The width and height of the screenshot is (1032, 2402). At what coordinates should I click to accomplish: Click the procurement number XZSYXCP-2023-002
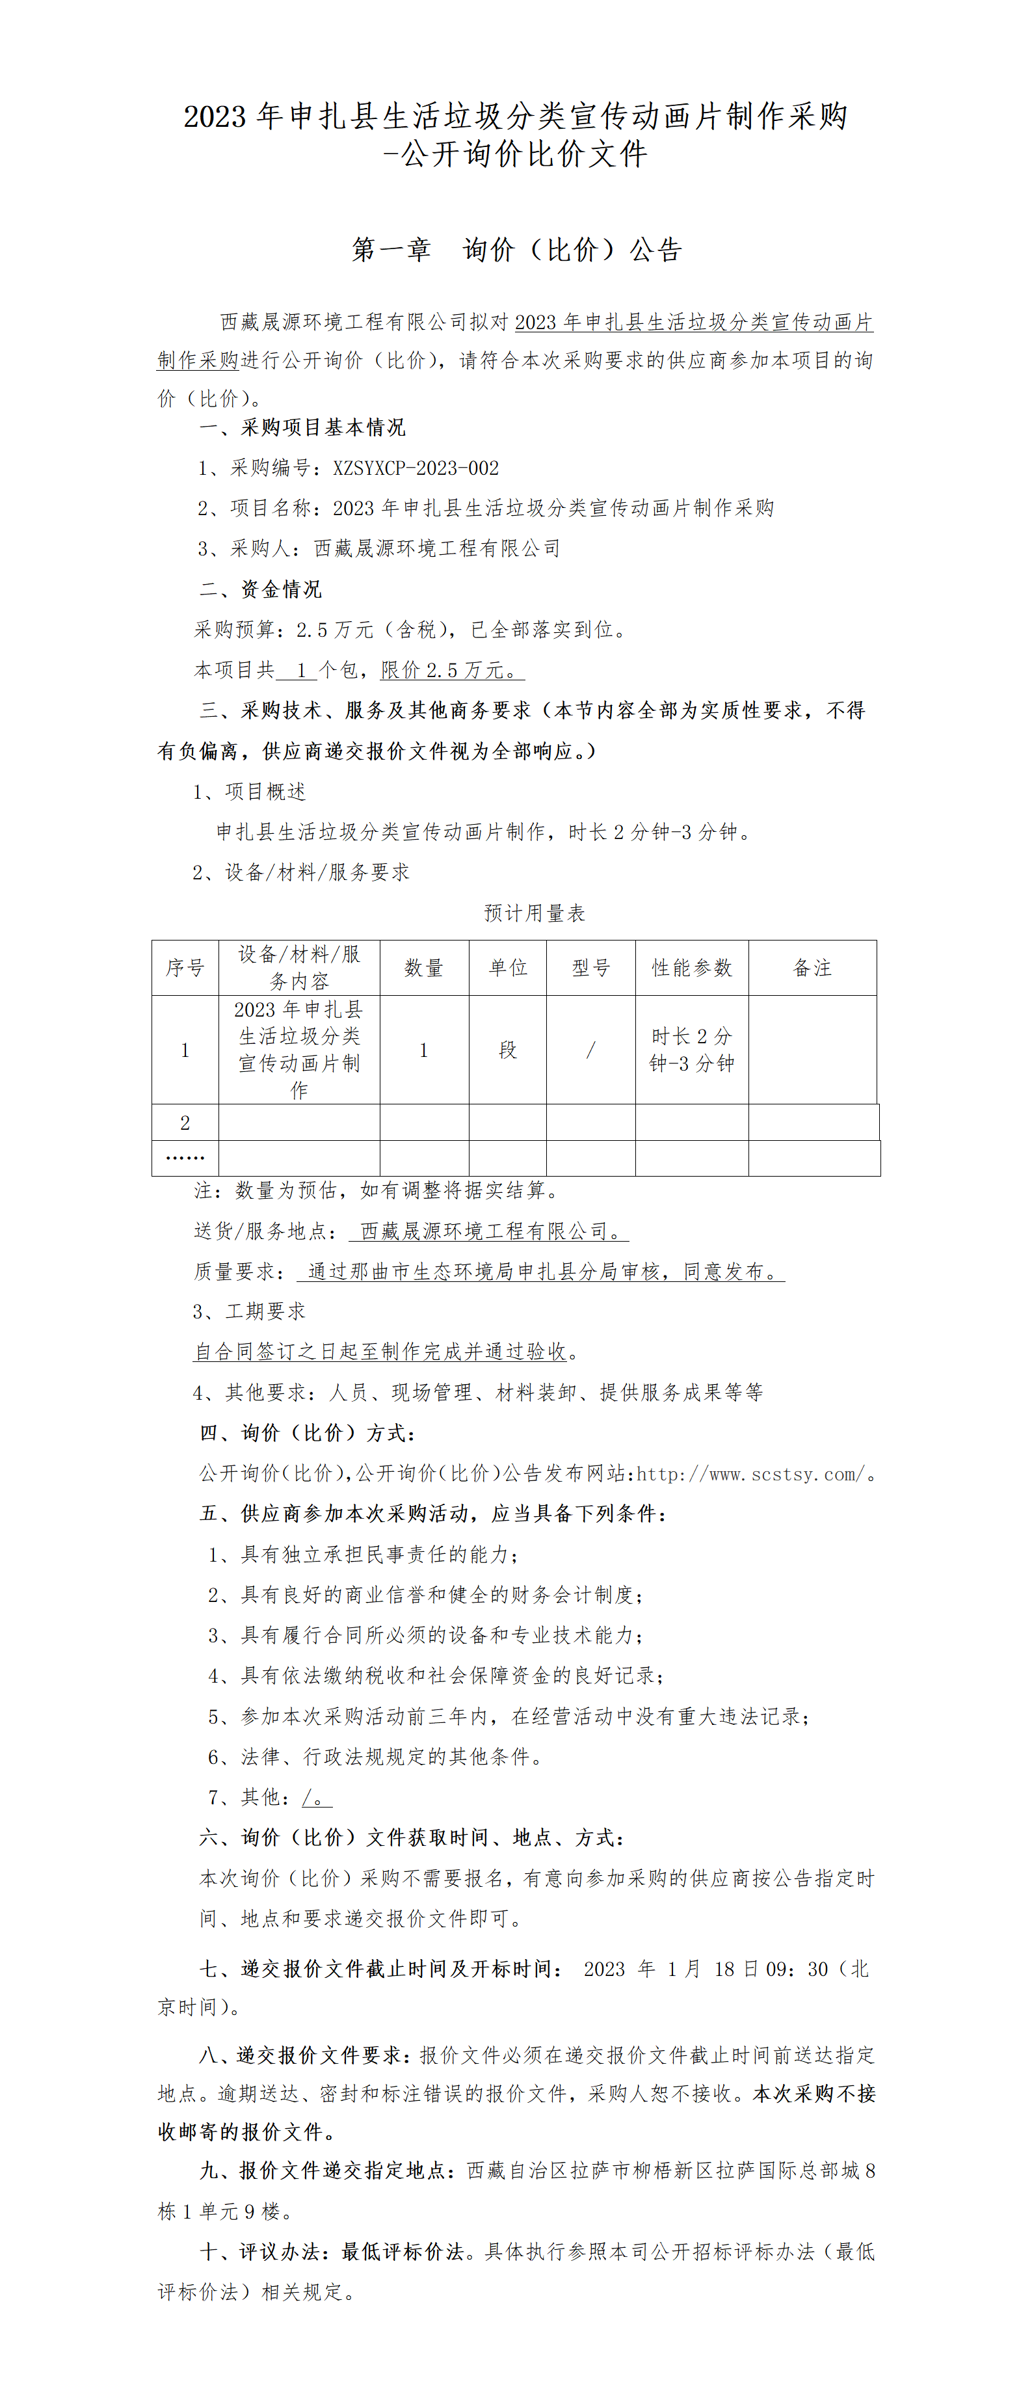click(x=416, y=468)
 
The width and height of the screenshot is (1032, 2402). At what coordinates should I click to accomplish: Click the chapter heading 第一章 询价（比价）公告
click(x=516, y=250)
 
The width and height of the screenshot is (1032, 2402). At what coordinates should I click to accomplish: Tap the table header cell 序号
click(x=185, y=968)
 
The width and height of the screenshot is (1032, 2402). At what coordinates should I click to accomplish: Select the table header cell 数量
click(x=423, y=968)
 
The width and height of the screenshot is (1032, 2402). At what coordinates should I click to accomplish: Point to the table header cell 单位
click(x=508, y=968)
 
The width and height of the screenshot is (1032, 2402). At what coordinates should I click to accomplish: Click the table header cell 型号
click(x=591, y=968)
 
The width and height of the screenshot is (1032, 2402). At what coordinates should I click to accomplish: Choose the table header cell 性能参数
click(x=692, y=968)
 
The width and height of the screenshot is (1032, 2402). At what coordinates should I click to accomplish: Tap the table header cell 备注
click(x=812, y=968)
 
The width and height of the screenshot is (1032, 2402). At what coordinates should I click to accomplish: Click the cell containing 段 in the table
click(x=508, y=1050)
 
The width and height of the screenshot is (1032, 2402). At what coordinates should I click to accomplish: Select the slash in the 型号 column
click(x=591, y=1050)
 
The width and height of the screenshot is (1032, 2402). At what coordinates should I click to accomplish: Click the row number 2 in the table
click(x=185, y=1123)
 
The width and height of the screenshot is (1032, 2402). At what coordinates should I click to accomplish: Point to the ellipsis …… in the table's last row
click(x=185, y=1158)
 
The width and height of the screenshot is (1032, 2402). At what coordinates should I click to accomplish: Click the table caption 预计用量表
click(x=534, y=914)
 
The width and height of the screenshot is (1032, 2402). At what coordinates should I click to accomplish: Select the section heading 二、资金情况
click(x=260, y=589)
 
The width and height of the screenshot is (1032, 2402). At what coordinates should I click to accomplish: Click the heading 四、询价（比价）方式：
click(x=308, y=1433)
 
